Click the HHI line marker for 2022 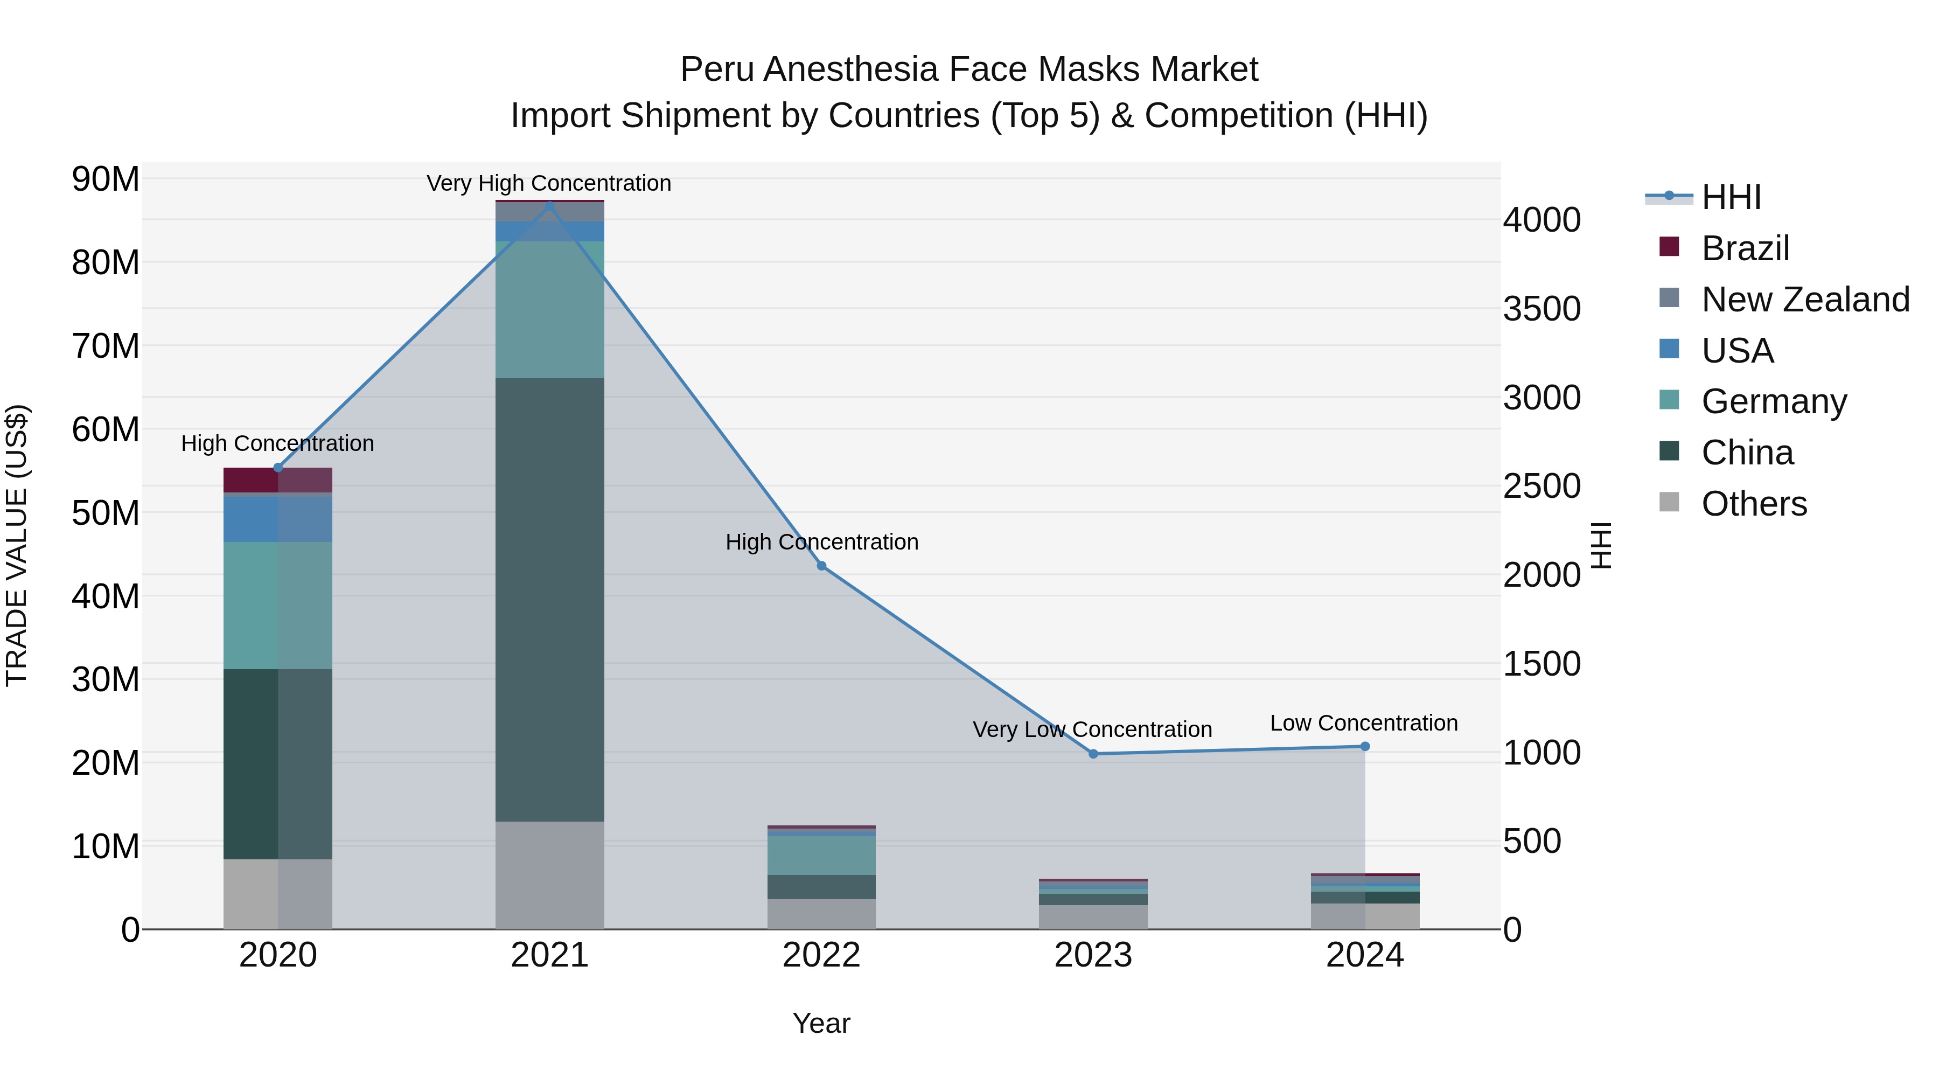821,566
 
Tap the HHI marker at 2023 1093,754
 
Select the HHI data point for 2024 1365,746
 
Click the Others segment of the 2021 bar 549,874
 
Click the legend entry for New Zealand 1805,300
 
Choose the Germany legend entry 1774,401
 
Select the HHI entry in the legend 1731,197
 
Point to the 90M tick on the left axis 106,179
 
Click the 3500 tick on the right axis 1541,309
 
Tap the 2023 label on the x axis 1093,955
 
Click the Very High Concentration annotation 549,183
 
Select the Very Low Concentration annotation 1092,729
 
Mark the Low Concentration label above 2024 1364,723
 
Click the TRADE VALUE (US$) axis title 17,545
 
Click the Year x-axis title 821,1023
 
